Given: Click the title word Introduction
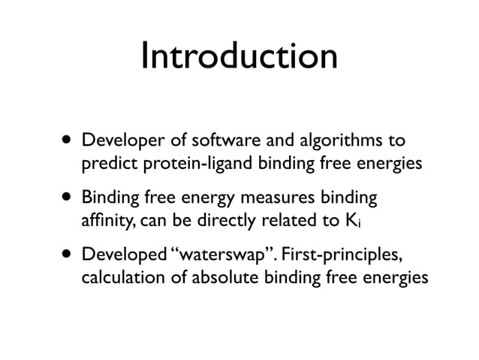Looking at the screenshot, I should [x=239, y=58].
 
